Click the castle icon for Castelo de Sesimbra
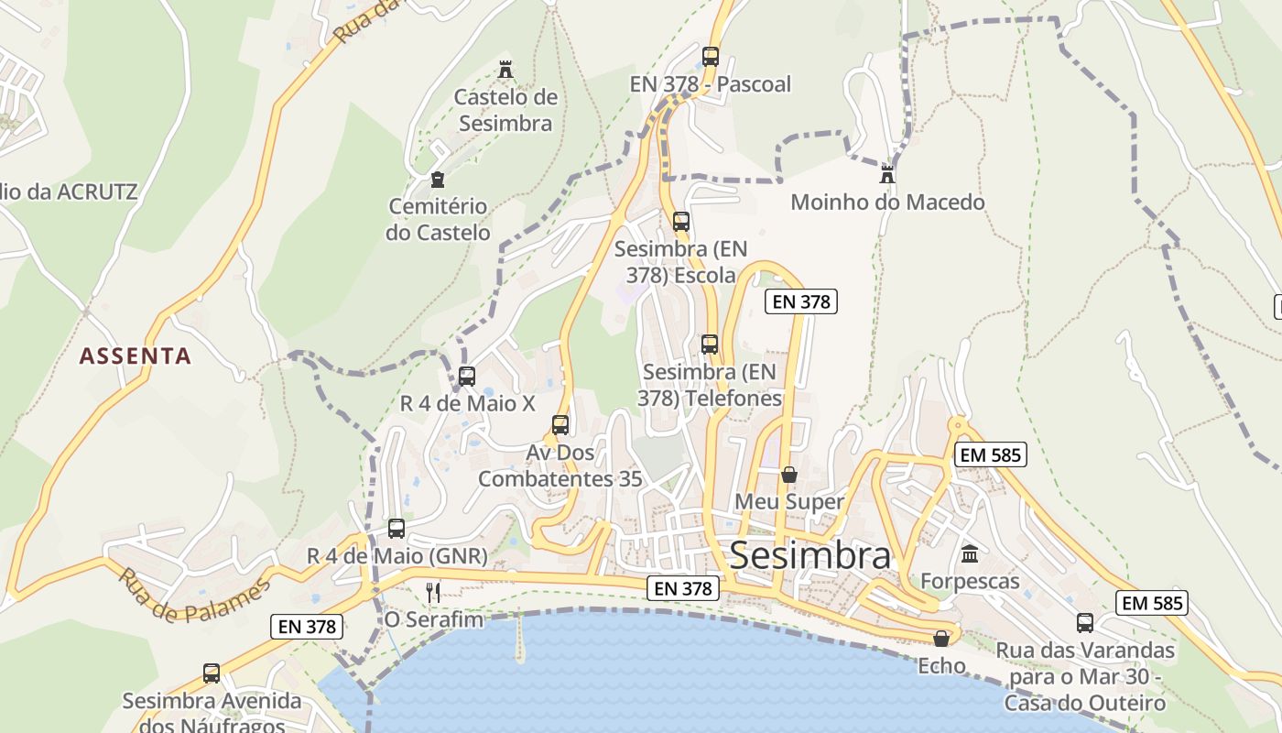click(505, 70)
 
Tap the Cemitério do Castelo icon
click(438, 180)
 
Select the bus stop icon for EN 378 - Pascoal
click(711, 57)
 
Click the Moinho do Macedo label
click(887, 202)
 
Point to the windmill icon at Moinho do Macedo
click(886, 174)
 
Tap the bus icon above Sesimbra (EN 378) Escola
click(680, 222)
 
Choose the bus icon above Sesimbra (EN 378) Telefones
click(710, 345)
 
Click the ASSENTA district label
click(136, 356)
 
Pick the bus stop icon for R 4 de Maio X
click(467, 376)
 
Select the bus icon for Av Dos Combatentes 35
click(560, 425)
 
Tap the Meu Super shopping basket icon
click(789, 475)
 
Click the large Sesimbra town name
click(809, 555)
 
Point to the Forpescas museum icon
click(970, 554)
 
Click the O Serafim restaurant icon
click(433, 593)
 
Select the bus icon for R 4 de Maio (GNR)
click(397, 529)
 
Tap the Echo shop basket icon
click(941, 639)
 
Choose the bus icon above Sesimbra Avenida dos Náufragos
click(212, 673)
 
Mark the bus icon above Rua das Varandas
click(1085, 623)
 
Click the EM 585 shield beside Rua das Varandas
click(1152, 603)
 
